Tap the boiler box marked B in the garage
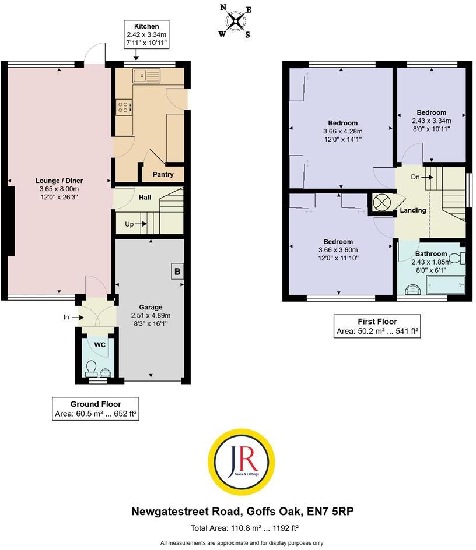[x=177, y=271]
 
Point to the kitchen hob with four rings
[x=124, y=107]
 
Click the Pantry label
[x=163, y=174]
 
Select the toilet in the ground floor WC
[x=91, y=367]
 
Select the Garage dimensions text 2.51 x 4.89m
[x=150, y=315]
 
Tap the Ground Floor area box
[x=96, y=409]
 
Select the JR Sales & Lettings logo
[x=241, y=461]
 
